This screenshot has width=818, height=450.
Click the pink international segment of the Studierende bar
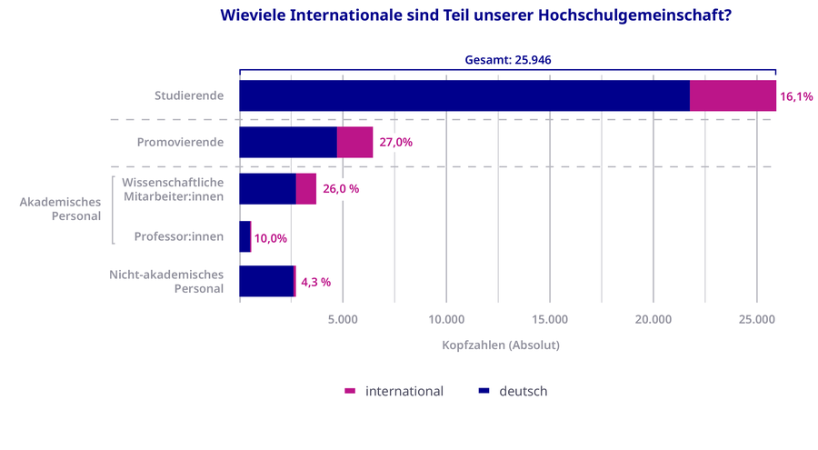click(x=733, y=95)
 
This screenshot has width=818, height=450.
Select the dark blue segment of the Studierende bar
click(x=464, y=95)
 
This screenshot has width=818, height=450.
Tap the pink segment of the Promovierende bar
click(x=354, y=142)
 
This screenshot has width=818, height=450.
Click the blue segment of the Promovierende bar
click(x=287, y=142)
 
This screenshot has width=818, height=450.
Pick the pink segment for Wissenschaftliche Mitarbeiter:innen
click(x=305, y=189)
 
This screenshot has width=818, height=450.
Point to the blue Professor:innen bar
click(x=244, y=236)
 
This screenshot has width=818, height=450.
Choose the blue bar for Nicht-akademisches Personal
click(x=266, y=281)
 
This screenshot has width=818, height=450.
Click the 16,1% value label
click(x=796, y=95)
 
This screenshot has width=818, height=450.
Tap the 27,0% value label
click(x=396, y=142)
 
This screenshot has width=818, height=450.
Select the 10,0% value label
click(x=271, y=238)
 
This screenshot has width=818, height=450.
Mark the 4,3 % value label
click(x=316, y=282)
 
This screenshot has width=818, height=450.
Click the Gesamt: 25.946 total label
click(x=508, y=60)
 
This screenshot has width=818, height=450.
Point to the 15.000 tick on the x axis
click(x=550, y=319)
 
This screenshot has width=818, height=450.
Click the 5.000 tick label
click(x=343, y=319)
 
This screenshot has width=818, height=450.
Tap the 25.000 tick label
click(x=757, y=319)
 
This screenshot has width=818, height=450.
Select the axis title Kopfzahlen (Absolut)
click(x=501, y=345)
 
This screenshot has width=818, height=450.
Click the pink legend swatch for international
click(x=351, y=391)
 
